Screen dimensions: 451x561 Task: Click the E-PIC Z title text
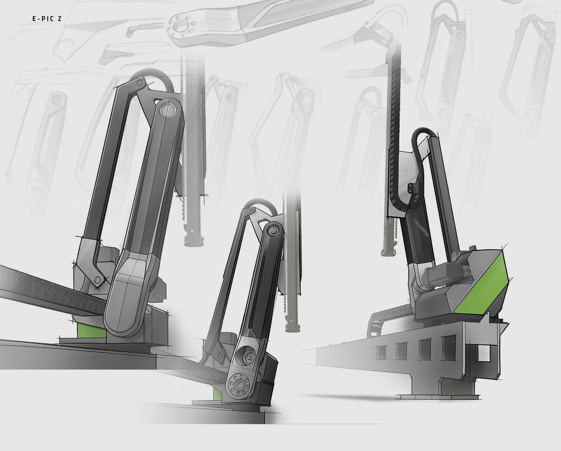point(47,19)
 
